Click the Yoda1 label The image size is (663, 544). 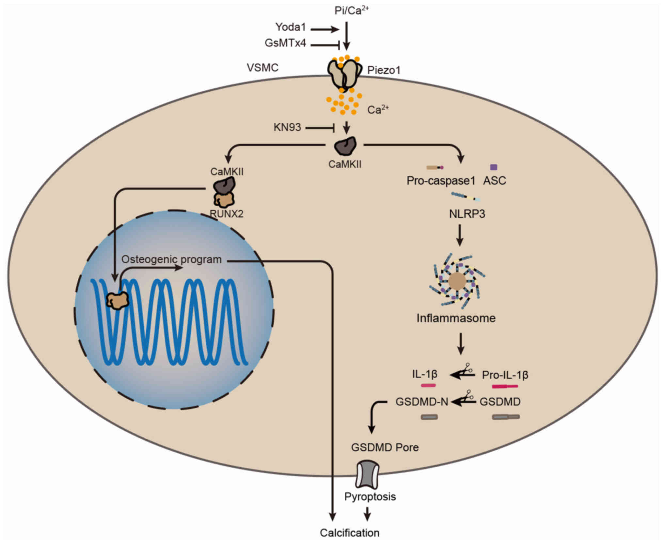click(291, 27)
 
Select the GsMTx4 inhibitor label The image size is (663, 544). click(285, 43)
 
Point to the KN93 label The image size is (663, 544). click(287, 127)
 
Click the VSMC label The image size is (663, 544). click(262, 68)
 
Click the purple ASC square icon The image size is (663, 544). click(494, 167)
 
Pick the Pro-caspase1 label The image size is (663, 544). click(441, 180)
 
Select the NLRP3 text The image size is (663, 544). click(467, 214)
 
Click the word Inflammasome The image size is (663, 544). click(456, 318)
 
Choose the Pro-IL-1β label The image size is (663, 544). click(505, 375)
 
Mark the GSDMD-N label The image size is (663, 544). click(422, 402)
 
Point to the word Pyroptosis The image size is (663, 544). click(370, 497)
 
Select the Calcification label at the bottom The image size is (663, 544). click(350, 533)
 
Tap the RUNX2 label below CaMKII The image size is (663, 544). click(227, 214)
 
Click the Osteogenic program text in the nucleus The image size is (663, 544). click(171, 259)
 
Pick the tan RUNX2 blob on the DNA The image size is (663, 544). click(118, 300)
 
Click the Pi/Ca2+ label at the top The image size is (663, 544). click(352, 10)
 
